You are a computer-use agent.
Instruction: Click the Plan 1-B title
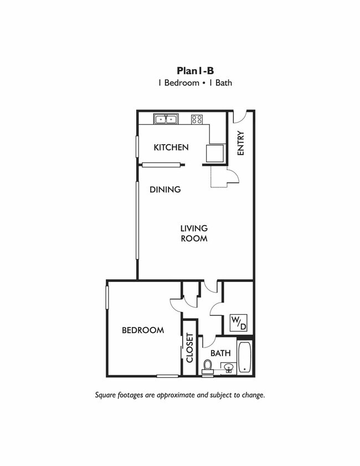point(195,71)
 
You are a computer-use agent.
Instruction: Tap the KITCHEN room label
point(171,147)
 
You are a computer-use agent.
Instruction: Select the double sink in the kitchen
point(166,119)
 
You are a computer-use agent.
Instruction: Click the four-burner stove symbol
point(197,119)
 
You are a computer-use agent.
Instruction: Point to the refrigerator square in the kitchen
point(215,153)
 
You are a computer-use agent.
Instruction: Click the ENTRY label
point(240,143)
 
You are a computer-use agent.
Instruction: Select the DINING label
point(165,190)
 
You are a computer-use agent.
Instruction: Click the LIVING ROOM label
point(194,233)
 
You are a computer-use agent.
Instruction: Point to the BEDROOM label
point(143,330)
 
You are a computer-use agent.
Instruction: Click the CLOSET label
point(189,348)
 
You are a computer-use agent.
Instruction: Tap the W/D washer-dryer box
point(239,323)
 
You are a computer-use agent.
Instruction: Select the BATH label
point(220,353)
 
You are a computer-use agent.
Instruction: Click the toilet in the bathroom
point(208,366)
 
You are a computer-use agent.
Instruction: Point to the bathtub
point(245,357)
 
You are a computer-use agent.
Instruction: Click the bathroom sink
point(228,368)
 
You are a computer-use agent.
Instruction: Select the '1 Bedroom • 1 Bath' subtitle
point(194,83)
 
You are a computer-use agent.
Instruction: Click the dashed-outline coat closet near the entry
point(219,177)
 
